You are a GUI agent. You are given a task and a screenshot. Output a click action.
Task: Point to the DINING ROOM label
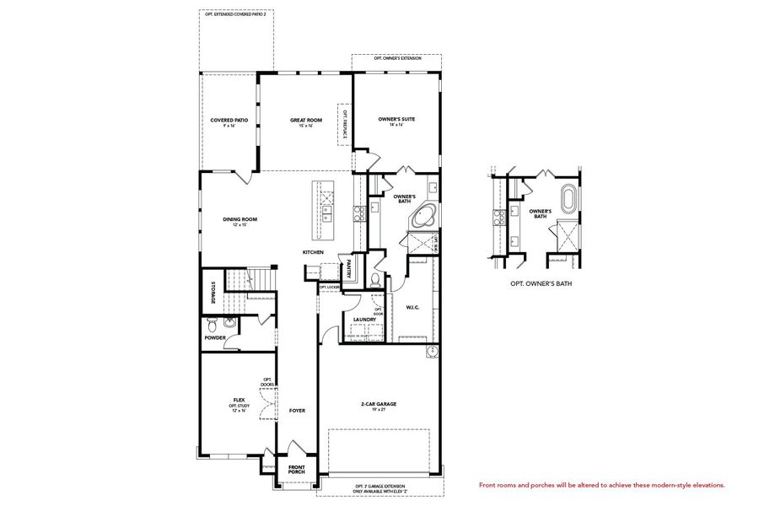pyautogui.click(x=240, y=221)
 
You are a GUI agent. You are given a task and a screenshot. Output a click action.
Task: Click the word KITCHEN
pyautogui.click(x=314, y=252)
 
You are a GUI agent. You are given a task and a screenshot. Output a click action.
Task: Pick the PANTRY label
pyautogui.click(x=347, y=269)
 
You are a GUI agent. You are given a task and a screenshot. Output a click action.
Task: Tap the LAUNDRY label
pyautogui.click(x=364, y=319)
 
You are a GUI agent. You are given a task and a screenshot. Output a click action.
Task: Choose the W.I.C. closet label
pyautogui.click(x=413, y=307)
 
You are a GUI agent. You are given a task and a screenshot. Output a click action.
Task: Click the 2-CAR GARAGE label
pyautogui.click(x=378, y=405)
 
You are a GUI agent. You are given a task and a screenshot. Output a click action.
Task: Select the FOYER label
pyautogui.click(x=297, y=411)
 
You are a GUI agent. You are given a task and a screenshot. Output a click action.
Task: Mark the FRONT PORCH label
pyautogui.click(x=297, y=469)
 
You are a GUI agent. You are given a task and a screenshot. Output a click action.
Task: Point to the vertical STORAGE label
pyautogui.click(x=213, y=292)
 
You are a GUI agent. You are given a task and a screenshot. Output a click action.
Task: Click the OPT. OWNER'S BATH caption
pyautogui.click(x=541, y=284)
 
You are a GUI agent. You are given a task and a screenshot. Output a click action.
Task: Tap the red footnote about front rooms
pyautogui.click(x=601, y=485)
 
